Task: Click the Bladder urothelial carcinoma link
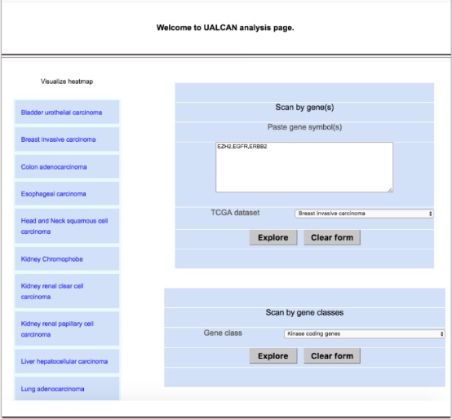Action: pyautogui.click(x=61, y=112)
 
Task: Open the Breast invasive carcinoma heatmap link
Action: pyautogui.click(x=58, y=139)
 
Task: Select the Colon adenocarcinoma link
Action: pyautogui.click(x=54, y=167)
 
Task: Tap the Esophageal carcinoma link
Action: pyautogui.click(x=53, y=194)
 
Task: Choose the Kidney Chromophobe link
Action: pyautogui.click(x=52, y=259)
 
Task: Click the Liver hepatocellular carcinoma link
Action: pyautogui.click(x=64, y=361)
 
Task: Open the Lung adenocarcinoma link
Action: pyautogui.click(x=52, y=389)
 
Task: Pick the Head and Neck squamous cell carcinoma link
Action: pyautogui.click(x=64, y=226)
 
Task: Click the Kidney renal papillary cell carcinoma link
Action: pyautogui.click(x=57, y=329)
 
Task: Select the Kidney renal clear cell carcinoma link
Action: pyautogui.click(x=52, y=291)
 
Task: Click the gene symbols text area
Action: pyautogui.click(x=304, y=167)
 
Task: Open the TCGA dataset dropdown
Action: pyautogui.click(x=364, y=214)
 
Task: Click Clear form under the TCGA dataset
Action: pyautogui.click(x=332, y=237)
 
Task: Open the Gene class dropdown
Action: pyautogui.click(x=364, y=333)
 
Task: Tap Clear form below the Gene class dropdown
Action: pyautogui.click(x=332, y=356)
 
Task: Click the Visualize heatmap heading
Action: pyautogui.click(x=67, y=82)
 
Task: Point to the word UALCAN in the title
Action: pyautogui.click(x=220, y=28)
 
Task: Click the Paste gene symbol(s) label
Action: pyautogui.click(x=304, y=127)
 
